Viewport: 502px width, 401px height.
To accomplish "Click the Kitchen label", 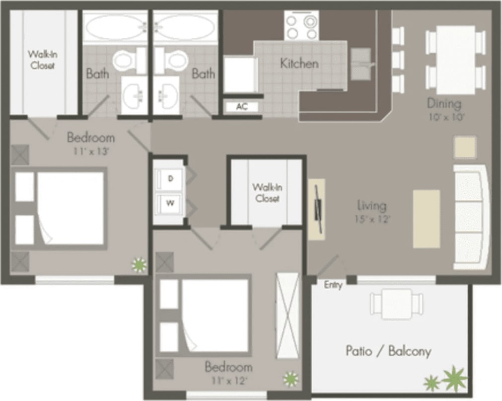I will [x=299, y=64].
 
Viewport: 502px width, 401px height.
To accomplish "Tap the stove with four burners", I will [x=300, y=25].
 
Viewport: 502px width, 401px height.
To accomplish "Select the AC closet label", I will [x=242, y=107].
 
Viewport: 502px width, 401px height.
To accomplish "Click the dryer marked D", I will [x=170, y=179].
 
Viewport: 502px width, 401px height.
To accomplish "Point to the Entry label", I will [x=333, y=285].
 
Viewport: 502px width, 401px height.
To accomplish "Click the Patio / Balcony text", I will [x=388, y=351].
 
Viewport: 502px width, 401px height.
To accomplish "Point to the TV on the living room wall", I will [x=317, y=209].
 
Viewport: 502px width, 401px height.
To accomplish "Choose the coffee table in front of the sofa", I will [x=427, y=219].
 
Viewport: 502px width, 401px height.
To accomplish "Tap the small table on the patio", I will [x=396, y=303].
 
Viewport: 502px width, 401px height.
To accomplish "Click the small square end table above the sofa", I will [x=465, y=148].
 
